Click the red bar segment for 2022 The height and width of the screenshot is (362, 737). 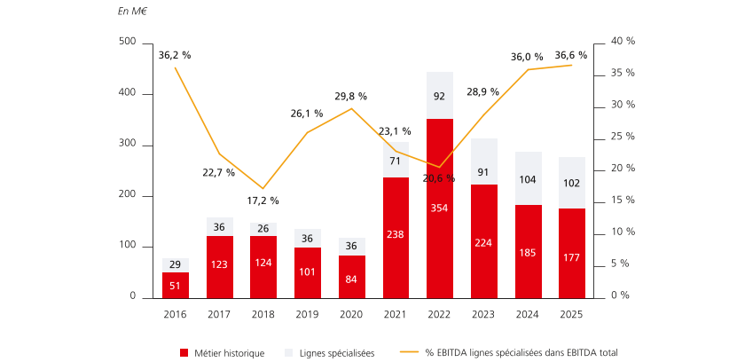click(x=440, y=208)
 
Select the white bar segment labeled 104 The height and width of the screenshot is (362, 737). click(x=528, y=178)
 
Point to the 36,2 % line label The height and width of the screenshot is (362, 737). click(x=175, y=55)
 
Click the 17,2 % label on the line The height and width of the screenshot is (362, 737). click(x=263, y=201)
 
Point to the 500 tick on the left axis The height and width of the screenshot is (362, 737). click(x=127, y=43)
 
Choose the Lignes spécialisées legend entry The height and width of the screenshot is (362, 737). click(x=331, y=352)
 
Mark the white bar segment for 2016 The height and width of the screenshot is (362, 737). click(x=176, y=265)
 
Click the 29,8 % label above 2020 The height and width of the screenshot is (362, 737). click(x=351, y=96)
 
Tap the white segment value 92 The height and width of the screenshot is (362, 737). click(x=440, y=95)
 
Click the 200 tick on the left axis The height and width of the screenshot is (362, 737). click(x=127, y=195)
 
